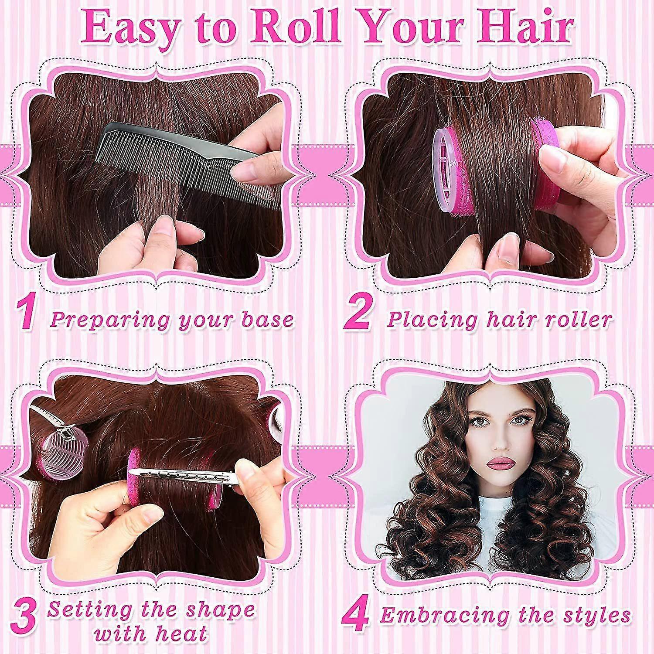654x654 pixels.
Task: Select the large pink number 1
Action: [27, 313]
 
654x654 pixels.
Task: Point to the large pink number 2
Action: [357, 313]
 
